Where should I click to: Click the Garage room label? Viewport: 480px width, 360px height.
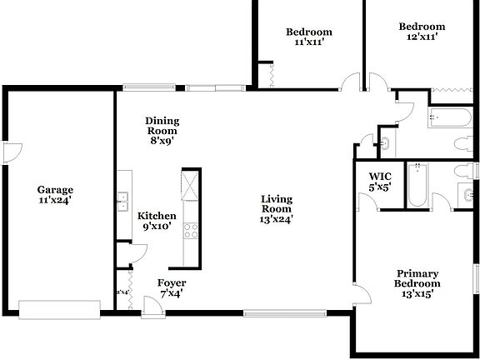tap(55, 189)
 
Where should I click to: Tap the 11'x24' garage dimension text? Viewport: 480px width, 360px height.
tap(55, 200)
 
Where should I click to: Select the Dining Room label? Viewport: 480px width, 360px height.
tap(162, 126)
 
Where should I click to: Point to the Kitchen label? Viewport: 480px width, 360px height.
tap(157, 215)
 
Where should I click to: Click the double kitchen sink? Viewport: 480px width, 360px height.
tap(122, 198)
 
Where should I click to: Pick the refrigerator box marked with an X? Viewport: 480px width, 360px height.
tap(191, 184)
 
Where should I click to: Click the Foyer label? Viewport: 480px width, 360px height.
tap(171, 282)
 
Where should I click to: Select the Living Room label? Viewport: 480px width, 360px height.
tap(277, 204)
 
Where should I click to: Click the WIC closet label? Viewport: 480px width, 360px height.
tap(380, 177)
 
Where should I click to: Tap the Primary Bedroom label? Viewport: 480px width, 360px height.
tap(417, 278)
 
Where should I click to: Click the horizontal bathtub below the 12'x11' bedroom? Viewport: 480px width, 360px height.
tap(451, 117)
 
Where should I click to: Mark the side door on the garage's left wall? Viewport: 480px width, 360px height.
tap(11, 152)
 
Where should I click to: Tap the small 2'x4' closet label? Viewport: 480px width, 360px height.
tap(122, 292)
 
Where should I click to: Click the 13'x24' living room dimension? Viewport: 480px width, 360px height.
tap(277, 220)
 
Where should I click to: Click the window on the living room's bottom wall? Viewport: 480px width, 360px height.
tap(282, 313)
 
